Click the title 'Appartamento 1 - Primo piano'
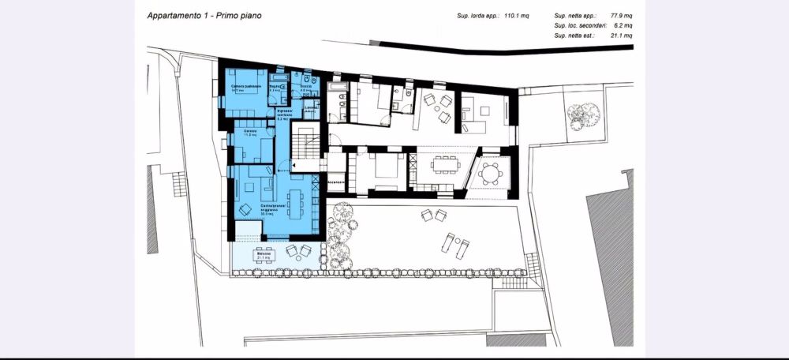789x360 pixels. (205, 15)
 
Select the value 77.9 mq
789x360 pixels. (620, 16)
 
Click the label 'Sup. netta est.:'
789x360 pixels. (576, 36)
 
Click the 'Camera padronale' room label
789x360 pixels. (246, 87)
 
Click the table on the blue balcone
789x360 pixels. (262, 254)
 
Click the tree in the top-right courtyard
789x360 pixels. (581, 118)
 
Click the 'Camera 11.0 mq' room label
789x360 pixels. (252, 133)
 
